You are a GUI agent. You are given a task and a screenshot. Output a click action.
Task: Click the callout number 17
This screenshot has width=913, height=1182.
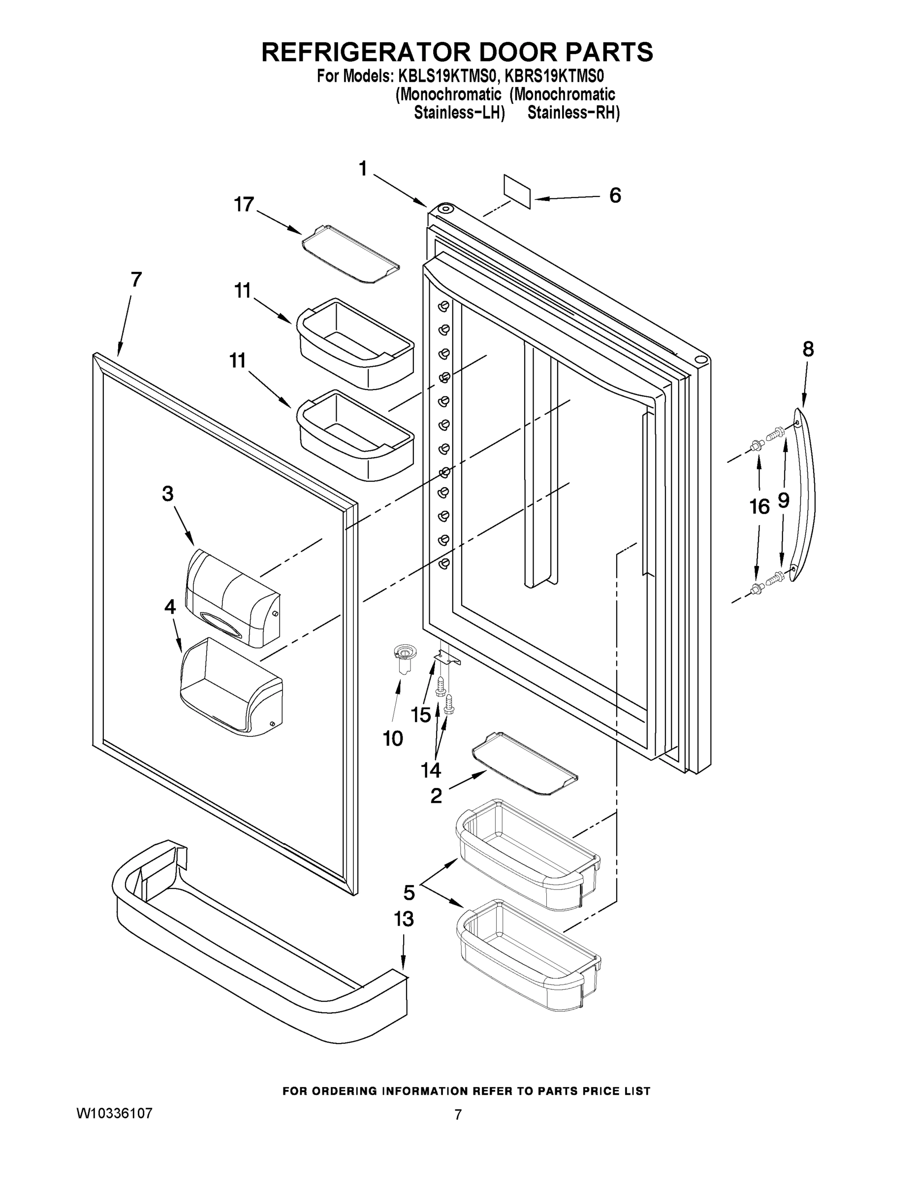pyautogui.click(x=244, y=204)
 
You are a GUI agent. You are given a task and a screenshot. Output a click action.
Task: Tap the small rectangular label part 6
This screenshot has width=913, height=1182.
pyautogui.click(x=517, y=191)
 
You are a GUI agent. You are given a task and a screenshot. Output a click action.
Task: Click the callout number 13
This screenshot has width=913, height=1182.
pyautogui.click(x=404, y=919)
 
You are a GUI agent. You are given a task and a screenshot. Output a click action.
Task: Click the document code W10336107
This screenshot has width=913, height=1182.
pyautogui.click(x=114, y=1113)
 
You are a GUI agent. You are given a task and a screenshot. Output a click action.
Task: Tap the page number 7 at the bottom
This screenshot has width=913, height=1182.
pyautogui.click(x=458, y=1115)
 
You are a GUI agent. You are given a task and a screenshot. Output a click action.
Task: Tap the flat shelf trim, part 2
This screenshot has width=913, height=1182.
pyautogui.click(x=524, y=766)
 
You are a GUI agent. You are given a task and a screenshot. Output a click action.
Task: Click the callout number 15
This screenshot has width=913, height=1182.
pyautogui.click(x=421, y=715)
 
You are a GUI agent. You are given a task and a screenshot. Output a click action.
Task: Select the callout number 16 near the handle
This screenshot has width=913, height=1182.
pyautogui.click(x=759, y=507)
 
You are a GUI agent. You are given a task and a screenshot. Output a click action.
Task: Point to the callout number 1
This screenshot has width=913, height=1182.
pyautogui.click(x=363, y=169)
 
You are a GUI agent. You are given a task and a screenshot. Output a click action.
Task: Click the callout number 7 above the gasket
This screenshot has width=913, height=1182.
pyautogui.click(x=136, y=280)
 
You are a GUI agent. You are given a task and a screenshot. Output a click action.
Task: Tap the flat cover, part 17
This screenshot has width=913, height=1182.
pyautogui.click(x=350, y=254)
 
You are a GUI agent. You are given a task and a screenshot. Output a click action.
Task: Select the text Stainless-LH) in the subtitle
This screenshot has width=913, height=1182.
pyautogui.click(x=459, y=113)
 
